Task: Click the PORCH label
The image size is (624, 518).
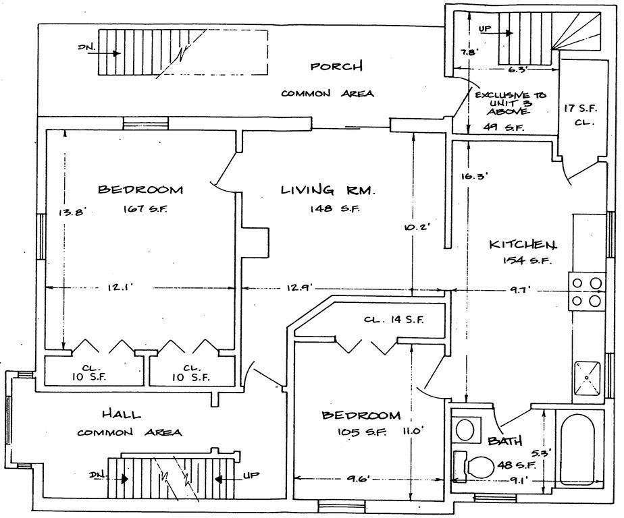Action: point(336,66)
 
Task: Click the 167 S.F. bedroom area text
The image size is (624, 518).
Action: point(145,208)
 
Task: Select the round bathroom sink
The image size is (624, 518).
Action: point(465,429)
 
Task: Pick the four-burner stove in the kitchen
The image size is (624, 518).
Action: point(586,291)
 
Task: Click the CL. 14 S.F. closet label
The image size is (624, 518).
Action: point(394,320)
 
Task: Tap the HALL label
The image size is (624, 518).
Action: point(122,414)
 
